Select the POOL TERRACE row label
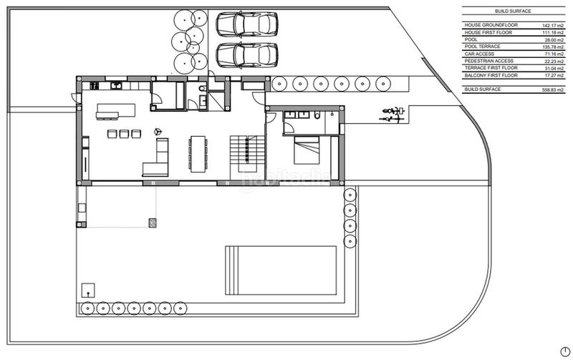483,46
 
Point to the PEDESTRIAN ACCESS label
489,62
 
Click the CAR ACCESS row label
480,54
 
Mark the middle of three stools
123,133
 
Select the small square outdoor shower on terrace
88,290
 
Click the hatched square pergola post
153,223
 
